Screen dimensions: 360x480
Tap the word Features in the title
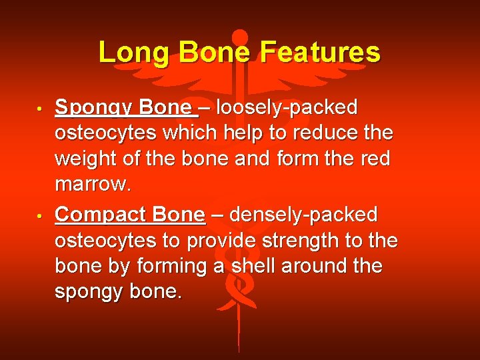(x=320, y=53)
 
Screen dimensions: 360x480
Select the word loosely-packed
(x=287, y=107)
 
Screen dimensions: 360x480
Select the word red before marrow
(x=377, y=158)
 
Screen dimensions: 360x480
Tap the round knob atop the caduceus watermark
(x=239, y=37)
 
